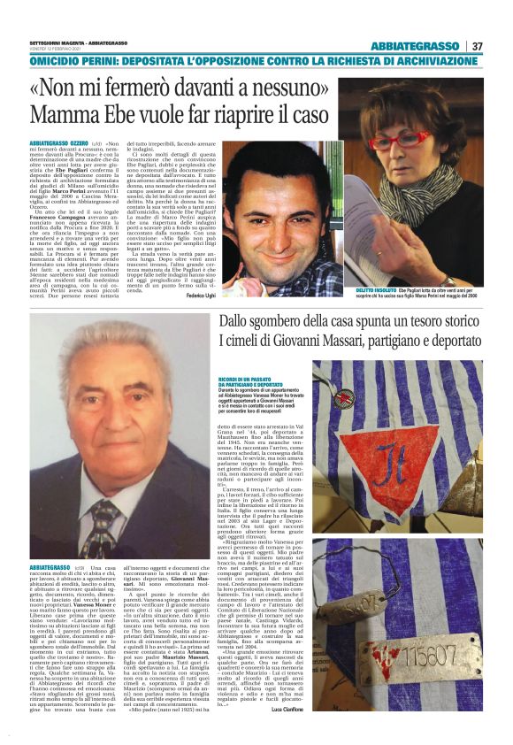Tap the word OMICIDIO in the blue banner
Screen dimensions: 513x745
pyautogui.click(x=61, y=64)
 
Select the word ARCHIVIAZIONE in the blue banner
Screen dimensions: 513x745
pyautogui.click(x=435, y=64)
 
